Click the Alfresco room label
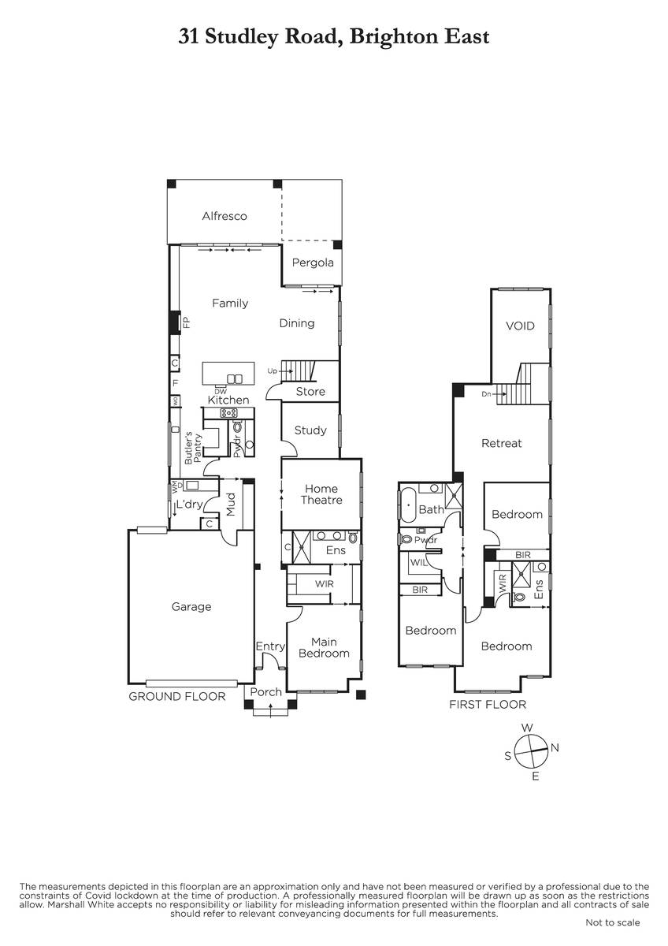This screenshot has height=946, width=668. point(224,216)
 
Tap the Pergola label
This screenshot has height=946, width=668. point(313,263)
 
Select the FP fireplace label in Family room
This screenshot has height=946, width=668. point(187,322)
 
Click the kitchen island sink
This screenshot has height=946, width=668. point(235,379)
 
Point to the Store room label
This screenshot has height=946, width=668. point(310,392)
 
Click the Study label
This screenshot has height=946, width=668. point(310,430)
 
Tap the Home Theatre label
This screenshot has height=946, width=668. point(321,494)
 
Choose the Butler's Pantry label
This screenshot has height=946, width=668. point(193,448)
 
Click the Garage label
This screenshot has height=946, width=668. point(191,607)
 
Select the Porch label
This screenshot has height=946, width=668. point(265,692)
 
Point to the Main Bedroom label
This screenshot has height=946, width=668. point(324,647)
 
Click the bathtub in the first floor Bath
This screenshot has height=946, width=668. point(407,505)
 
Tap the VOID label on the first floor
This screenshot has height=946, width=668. point(520,326)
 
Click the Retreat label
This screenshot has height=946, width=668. point(501,443)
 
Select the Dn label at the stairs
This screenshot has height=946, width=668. point(486,394)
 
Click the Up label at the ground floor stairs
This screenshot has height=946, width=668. point(273,371)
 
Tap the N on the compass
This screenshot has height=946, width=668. point(555,748)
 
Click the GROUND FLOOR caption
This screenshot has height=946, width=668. point(176,696)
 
